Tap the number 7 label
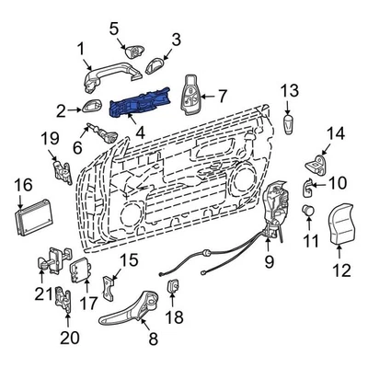point(221,94)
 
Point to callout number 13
point(290,90)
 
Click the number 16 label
point(23,187)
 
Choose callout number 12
point(341,270)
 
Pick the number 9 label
point(270,262)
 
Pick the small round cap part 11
point(309,212)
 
